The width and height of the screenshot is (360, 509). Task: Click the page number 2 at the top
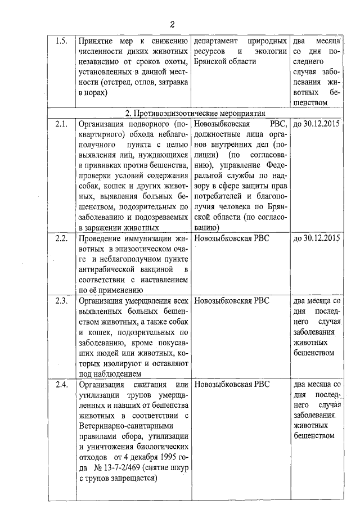[x=173, y=24]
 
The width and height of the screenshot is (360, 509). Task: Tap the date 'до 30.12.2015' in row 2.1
[x=317, y=124]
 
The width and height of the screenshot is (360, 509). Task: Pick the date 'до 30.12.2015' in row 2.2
[x=317, y=238]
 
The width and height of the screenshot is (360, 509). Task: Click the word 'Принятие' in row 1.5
[x=97, y=42]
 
